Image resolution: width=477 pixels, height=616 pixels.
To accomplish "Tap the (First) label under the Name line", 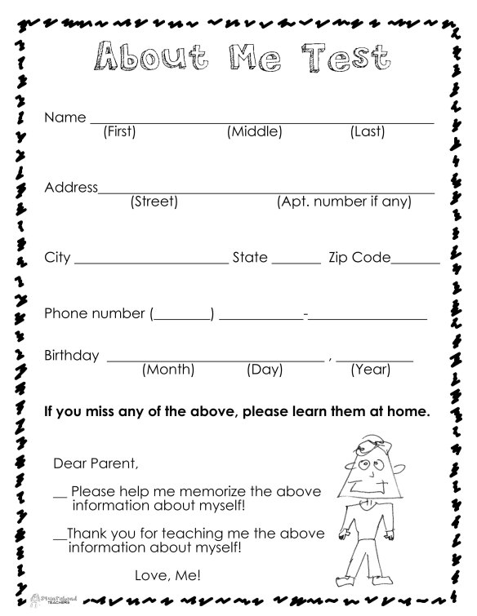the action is coord(119,131).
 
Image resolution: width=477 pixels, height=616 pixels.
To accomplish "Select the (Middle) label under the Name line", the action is coord(255,131).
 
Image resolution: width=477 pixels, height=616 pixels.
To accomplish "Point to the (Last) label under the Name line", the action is coord(368,131).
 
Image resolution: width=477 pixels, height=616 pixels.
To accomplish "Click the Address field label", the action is coord(71,188).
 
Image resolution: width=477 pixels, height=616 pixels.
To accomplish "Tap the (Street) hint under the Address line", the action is coord(154,202).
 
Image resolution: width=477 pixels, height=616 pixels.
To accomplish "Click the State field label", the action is coord(250,258).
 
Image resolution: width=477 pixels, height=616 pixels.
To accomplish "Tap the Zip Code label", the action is coord(359,258).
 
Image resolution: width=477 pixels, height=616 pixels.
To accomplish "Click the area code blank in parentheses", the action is coord(182,314).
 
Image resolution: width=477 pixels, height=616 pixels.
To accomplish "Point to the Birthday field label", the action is coord(72,356).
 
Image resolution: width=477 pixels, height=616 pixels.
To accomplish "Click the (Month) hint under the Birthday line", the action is coord(168,370).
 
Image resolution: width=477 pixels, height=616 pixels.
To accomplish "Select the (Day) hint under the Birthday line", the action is coord(265,370).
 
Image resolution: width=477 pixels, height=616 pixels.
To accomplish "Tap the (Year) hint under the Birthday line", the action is coord(371,370).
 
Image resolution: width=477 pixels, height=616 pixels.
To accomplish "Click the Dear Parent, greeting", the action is coord(96,464).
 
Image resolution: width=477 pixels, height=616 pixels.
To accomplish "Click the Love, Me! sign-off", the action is coord(167,576).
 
